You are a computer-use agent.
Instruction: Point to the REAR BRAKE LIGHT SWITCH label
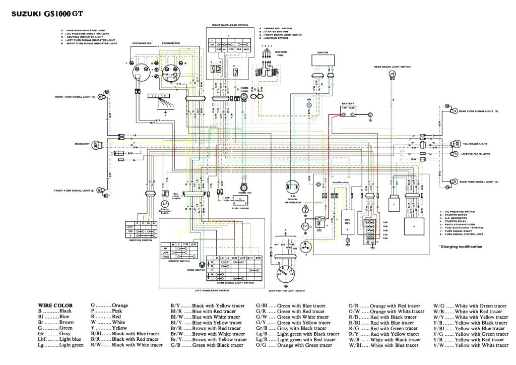(392, 66)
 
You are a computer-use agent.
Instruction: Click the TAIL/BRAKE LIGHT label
(475, 144)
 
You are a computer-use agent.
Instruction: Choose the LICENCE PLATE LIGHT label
(476, 153)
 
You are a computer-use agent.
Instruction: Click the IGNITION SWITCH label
(140, 240)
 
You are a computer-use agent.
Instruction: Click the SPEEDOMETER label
(140, 43)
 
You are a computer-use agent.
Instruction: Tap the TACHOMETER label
(170, 43)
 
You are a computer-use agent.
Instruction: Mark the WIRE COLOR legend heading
(55, 305)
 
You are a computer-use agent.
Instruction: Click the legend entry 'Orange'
(120, 305)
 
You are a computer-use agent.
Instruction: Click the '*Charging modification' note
(460, 246)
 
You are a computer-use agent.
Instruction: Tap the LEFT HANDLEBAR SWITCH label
(212, 290)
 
